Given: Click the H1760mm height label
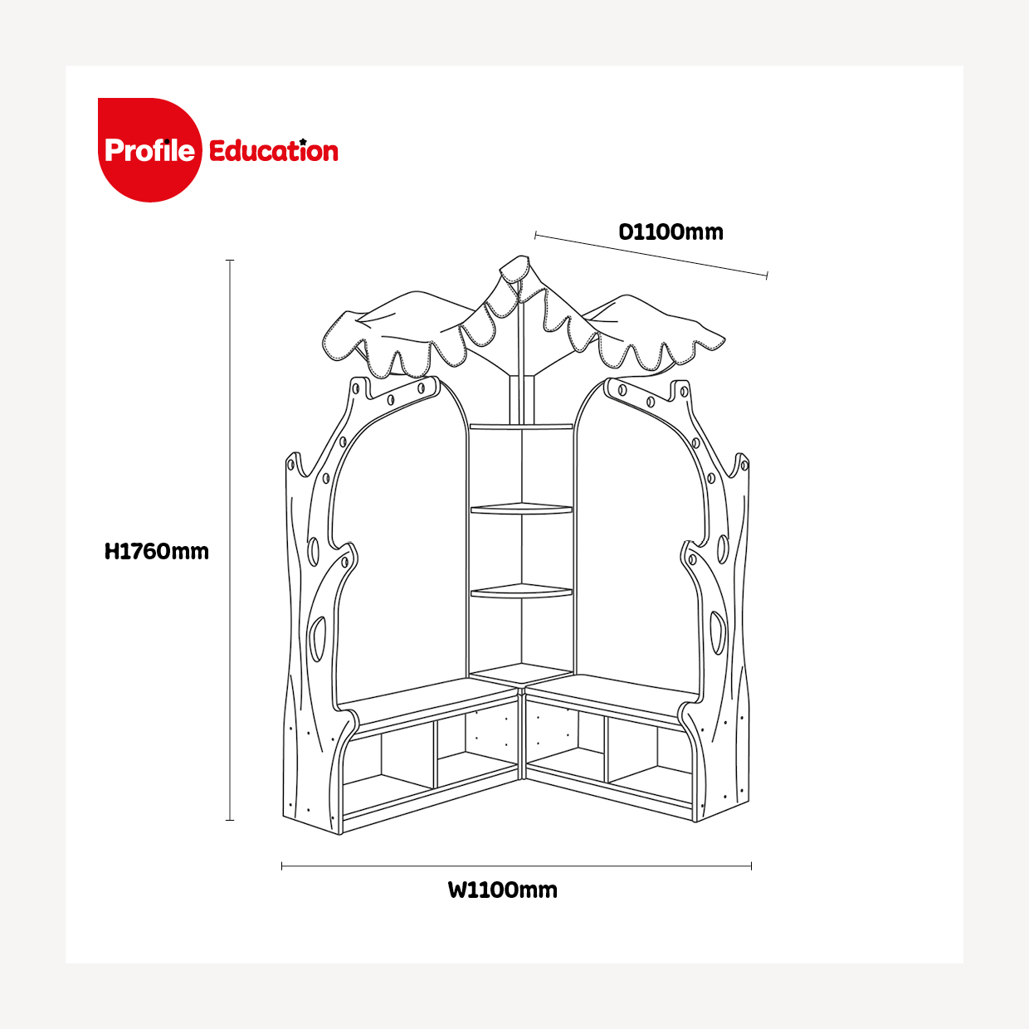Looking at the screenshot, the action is coord(157,552).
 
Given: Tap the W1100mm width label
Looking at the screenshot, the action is coord(503,890).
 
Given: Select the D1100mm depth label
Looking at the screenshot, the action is coord(671,232).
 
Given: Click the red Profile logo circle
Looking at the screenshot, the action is coord(150,150).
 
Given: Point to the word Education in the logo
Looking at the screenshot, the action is coord(273,150).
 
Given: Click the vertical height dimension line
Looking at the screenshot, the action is coord(230,540).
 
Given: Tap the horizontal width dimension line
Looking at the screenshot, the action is coord(516,866).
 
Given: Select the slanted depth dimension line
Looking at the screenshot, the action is coord(651,255).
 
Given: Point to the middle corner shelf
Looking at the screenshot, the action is coord(521,509).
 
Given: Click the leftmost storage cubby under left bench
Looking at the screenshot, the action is coord(388,769).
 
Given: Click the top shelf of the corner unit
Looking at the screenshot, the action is coord(521,427).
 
